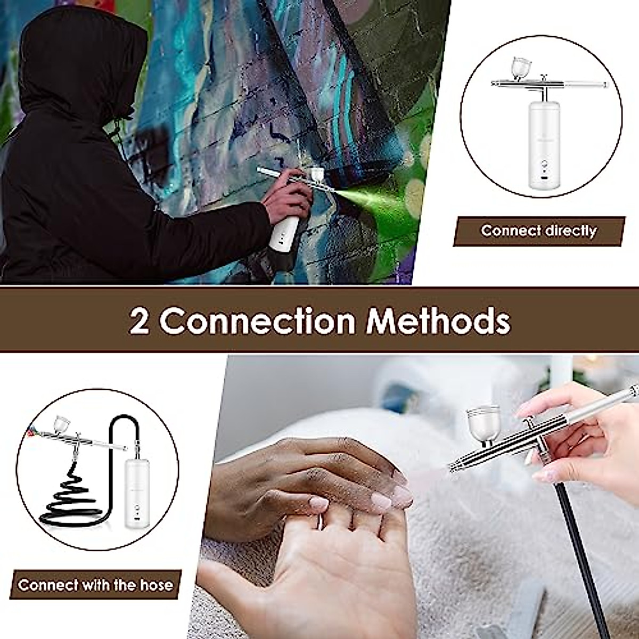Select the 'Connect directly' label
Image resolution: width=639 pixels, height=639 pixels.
(538, 231)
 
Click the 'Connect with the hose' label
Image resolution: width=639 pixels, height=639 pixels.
(96, 586)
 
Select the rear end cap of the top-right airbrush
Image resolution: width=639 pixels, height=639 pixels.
(607, 85)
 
